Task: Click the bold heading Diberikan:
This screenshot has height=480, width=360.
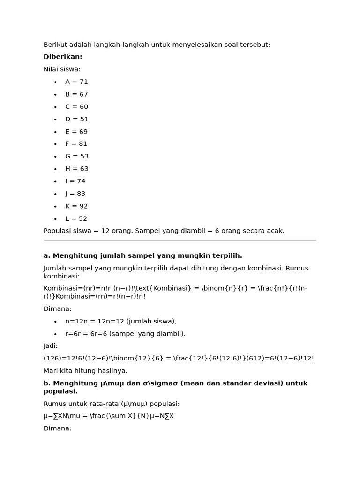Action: click(x=63, y=57)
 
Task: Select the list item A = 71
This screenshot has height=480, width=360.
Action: click(x=76, y=82)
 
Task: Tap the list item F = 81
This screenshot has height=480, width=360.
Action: click(x=76, y=144)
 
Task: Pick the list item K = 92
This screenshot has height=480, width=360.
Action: click(x=76, y=206)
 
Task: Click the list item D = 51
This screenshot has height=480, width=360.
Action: click(x=77, y=119)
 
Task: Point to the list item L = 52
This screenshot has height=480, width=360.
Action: click(x=76, y=218)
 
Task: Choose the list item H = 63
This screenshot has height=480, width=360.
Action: click(x=77, y=169)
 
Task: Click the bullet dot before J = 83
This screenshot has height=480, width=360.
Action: click(x=55, y=194)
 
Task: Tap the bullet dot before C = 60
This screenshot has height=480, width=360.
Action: click(x=55, y=107)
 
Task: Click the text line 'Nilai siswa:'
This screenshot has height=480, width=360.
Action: click(x=62, y=69)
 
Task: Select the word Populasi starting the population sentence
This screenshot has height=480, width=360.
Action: click(x=58, y=231)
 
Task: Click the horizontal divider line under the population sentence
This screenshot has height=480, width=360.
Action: click(x=180, y=240)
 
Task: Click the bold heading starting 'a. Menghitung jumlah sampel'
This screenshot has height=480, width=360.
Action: click(x=142, y=255)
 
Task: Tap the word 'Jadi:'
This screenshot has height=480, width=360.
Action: click(x=51, y=346)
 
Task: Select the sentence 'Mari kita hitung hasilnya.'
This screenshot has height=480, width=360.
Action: click(x=85, y=370)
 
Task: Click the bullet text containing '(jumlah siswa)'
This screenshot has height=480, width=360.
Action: click(x=120, y=321)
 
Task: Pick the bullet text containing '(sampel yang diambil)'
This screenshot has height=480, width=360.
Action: click(x=125, y=334)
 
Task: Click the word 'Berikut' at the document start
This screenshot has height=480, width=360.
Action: click(x=55, y=45)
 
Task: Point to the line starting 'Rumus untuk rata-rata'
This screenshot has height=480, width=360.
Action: click(x=112, y=404)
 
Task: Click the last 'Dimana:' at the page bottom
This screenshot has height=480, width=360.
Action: click(x=57, y=428)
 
